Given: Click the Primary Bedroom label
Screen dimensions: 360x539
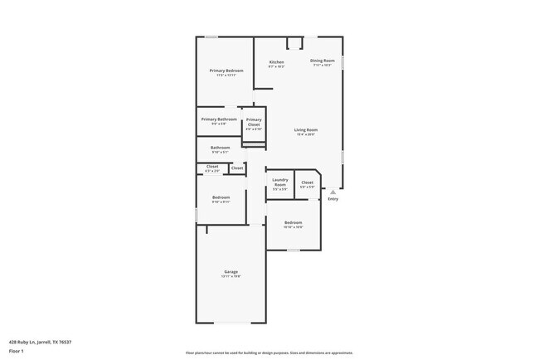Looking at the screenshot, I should coord(226,71).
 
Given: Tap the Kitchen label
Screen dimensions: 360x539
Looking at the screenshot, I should coord(276,63).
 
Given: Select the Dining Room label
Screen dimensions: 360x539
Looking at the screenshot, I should coord(322,61).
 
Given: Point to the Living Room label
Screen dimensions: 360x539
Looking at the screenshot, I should coord(306,129).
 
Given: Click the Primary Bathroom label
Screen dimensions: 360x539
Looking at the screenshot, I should coord(219,119).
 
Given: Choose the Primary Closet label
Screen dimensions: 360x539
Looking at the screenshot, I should coord(254,122).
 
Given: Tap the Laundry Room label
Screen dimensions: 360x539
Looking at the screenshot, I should coord(279,182).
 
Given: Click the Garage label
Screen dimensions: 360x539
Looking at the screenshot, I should coord(231,272).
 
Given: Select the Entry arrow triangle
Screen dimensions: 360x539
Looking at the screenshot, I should coord(333,192).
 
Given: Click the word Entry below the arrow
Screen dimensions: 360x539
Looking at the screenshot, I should coord(333,199).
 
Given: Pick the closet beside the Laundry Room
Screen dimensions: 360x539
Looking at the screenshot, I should coord(307,182).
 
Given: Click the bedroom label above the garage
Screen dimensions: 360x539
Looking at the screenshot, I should coord(221,197).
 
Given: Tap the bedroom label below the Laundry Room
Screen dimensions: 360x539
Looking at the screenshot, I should coord(294,222).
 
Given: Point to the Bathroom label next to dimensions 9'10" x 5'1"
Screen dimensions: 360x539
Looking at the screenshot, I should coord(220,148).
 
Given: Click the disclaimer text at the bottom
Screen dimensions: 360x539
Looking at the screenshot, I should coord(269,353).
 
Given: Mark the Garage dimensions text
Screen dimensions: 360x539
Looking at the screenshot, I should coord(231,277).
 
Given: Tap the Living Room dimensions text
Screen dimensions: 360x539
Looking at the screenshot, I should coord(306,134).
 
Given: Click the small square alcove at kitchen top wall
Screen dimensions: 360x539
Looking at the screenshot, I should coord(294,43).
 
